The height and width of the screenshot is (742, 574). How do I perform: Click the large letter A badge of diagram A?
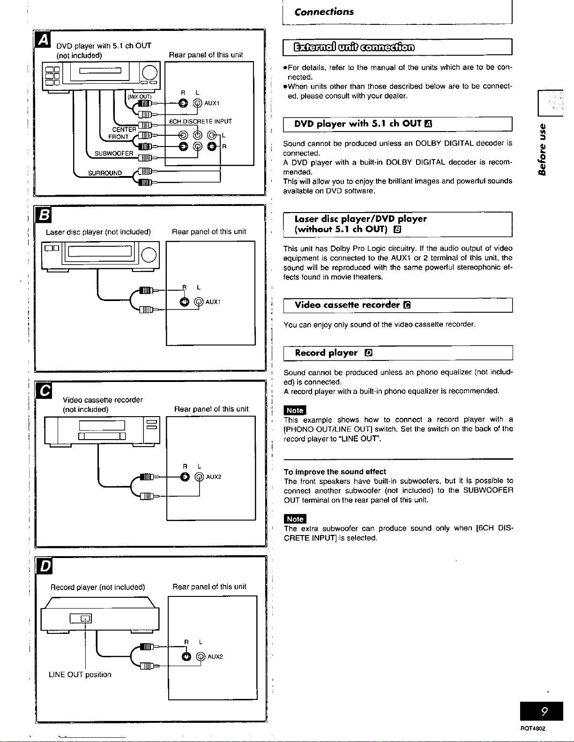pyautogui.click(x=43, y=40)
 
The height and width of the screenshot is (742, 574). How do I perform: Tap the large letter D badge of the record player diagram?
pyautogui.click(x=45, y=566)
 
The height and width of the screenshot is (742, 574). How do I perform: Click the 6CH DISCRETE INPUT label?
pyautogui.click(x=201, y=122)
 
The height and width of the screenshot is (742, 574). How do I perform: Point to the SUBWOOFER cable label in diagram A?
pyautogui.click(x=114, y=154)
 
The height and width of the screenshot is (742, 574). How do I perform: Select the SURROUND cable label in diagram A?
pyautogui.click(x=105, y=173)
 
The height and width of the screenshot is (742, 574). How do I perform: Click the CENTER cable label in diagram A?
pyautogui.click(x=124, y=129)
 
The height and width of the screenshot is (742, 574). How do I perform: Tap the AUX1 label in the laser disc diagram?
pyautogui.click(x=213, y=302)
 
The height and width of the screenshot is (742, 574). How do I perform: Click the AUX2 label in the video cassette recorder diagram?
pyautogui.click(x=214, y=477)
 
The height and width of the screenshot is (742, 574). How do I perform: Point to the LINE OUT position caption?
pyautogui.click(x=80, y=675)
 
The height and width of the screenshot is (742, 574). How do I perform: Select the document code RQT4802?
pyautogui.click(x=533, y=728)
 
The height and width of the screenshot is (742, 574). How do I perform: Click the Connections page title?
pyautogui.click(x=324, y=12)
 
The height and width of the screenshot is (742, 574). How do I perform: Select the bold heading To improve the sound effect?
pyautogui.click(x=335, y=471)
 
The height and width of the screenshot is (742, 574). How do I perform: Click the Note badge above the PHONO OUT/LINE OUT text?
pyautogui.click(x=295, y=410)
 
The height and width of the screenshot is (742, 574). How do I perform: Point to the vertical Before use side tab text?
pyautogui.click(x=542, y=149)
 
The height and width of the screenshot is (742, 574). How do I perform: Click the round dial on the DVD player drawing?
pyautogui.click(x=149, y=73)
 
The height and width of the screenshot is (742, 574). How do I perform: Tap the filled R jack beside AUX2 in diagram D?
pyautogui.click(x=186, y=656)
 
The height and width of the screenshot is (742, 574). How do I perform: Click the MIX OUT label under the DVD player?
pyautogui.click(x=140, y=96)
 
